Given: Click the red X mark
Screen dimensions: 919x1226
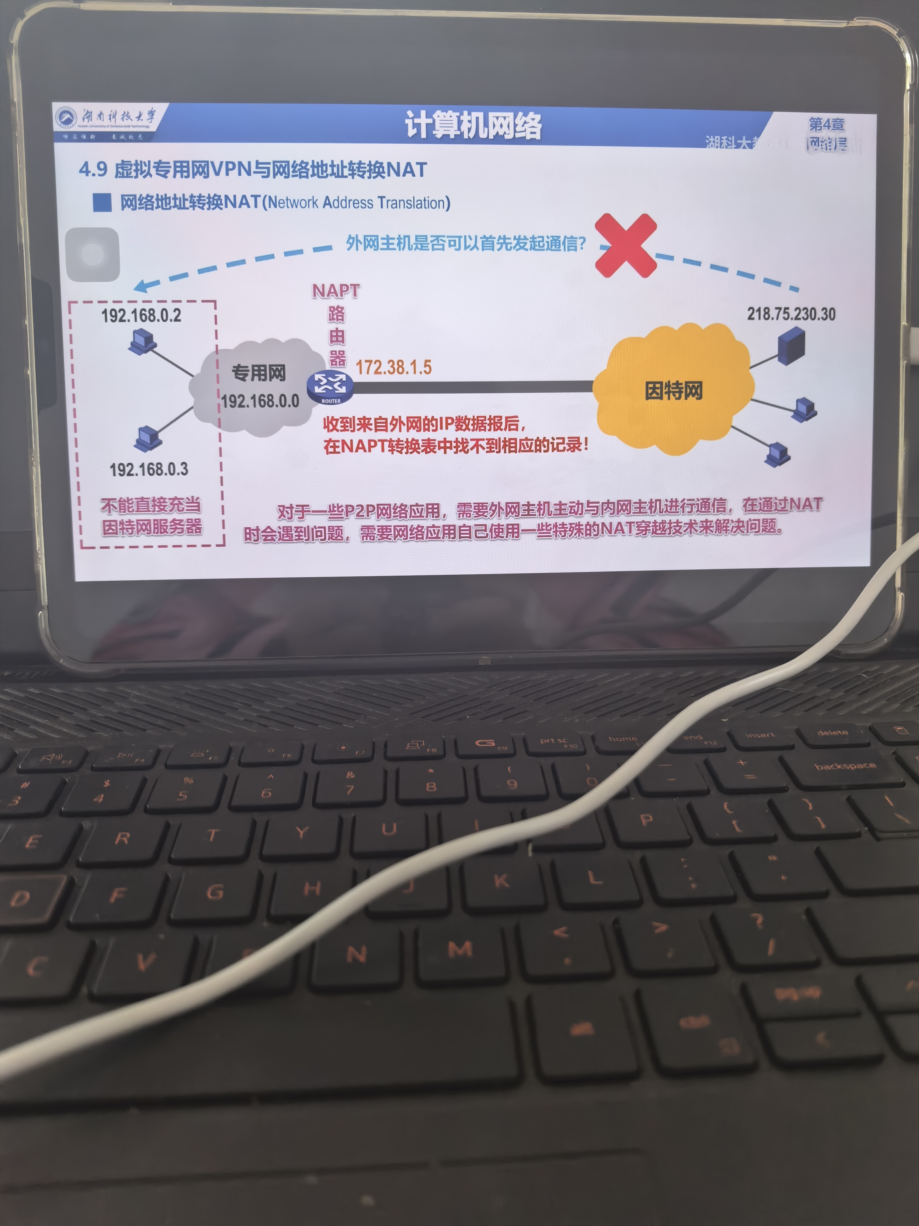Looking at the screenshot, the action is pyautogui.click(x=626, y=245).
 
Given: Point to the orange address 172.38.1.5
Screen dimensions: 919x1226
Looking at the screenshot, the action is pyautogui.click(x=393, y=367).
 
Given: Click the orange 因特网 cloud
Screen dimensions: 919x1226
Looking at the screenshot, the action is pyautogui.click(x=673, y=390).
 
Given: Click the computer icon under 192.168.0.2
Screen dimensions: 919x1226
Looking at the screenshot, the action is pyautogui.click(x=141, y=340).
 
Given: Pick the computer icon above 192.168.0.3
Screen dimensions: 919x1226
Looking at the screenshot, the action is pyautogui.click(x=148, y=438).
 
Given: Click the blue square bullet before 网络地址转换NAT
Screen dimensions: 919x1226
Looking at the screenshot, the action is pyautogui.click(x=102, y=202).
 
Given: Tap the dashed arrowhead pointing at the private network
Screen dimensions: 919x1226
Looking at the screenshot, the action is pyautogui.click(x=141, y=286).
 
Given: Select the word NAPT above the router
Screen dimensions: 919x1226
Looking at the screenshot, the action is pyautogui.click(x=336, y=290).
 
